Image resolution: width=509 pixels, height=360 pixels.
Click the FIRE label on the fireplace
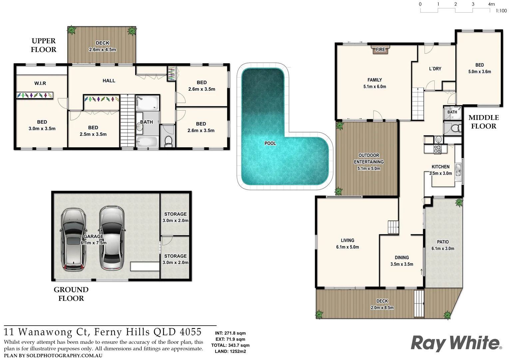[x=380, y=50]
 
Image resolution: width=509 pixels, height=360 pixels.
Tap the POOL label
[x=270, y=143]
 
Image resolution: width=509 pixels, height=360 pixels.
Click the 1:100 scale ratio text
[x=501, y=11]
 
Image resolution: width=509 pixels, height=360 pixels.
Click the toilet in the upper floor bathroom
[x=169, y=141]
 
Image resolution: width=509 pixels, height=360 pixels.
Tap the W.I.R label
[x=40, y=83]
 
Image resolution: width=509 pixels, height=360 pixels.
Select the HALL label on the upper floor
[x=109, y=81]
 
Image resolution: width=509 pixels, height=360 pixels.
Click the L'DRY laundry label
[x=435, y=69]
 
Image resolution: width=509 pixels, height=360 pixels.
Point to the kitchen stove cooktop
[x=437, y=149]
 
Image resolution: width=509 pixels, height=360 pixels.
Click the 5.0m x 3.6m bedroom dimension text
[x=479, y=72]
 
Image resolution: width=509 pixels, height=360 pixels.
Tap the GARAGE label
[x=93, y=236]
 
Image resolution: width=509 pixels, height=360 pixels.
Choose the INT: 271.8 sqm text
[x=230, y=333]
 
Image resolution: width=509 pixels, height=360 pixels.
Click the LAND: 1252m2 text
[x=230, y=351]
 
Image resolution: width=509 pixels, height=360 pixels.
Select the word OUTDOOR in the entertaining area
[x=369, y=155]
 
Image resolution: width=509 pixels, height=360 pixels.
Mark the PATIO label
[x=443, y=242]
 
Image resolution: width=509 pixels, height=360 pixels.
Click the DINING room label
[x=402, y=258]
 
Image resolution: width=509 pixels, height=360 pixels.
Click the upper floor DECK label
[x=102, y=43]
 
